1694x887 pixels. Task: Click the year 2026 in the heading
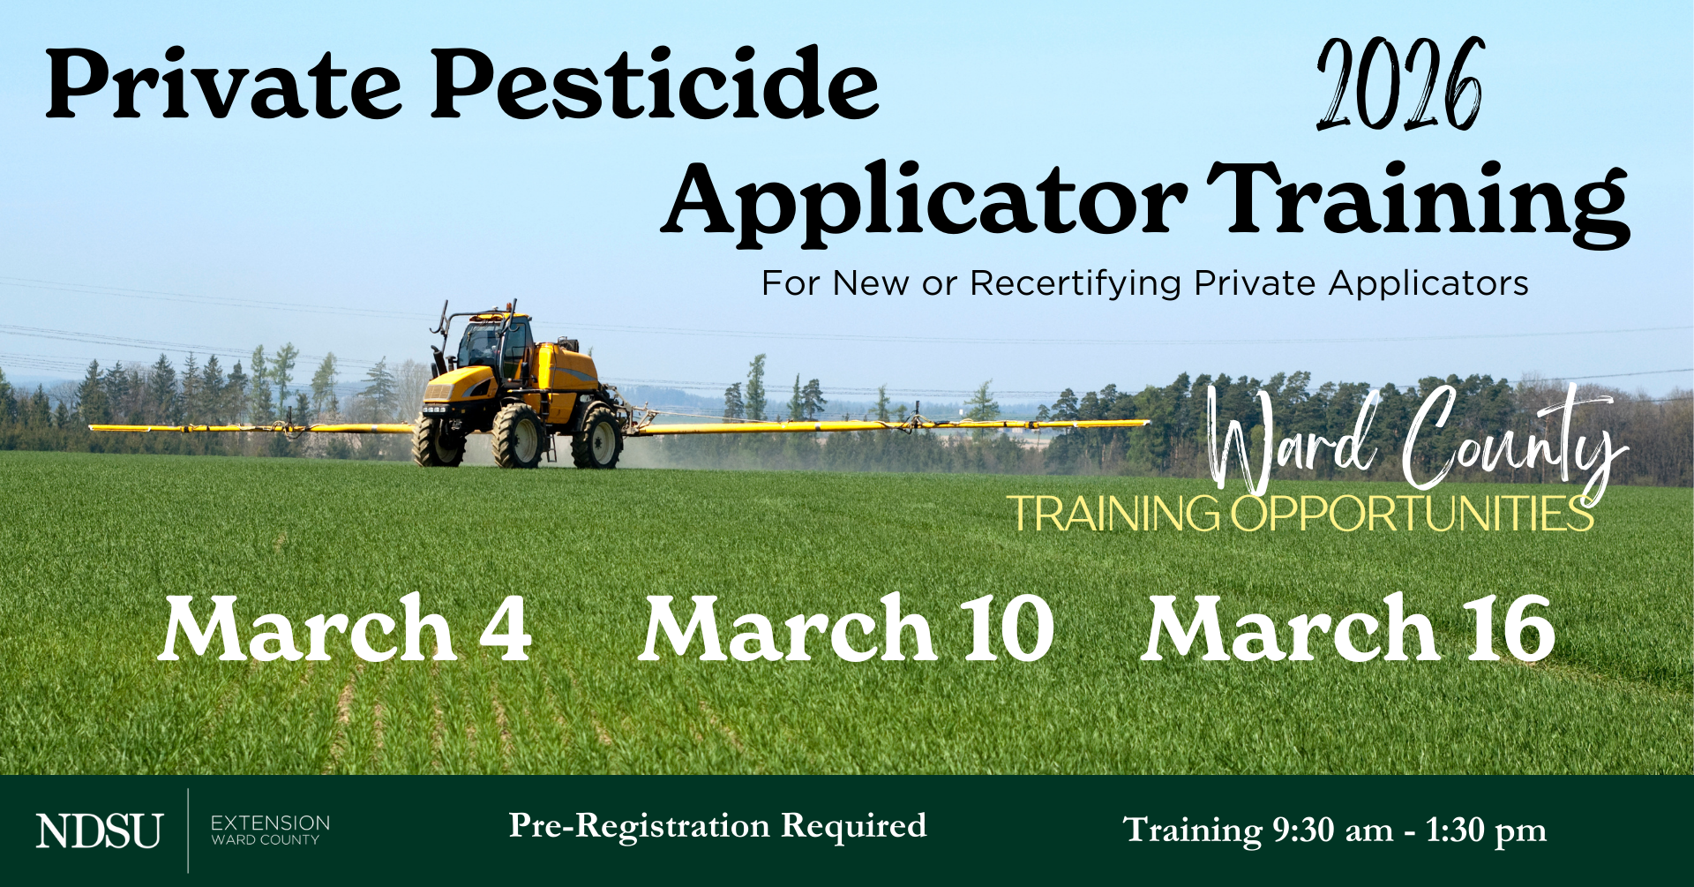(x=1400, y=85)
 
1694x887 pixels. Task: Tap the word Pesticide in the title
(x=655, y=83)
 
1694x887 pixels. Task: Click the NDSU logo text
(x=99, y=831)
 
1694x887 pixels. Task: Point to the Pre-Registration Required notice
(x=717, y=826)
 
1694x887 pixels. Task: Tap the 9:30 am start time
(x=1332, y=830)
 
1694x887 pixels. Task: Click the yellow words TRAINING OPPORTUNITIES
(x=1300, y=514)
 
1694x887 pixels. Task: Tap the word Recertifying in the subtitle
(x=1076, y=284)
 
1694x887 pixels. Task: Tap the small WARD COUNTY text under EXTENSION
(x=266, y=840)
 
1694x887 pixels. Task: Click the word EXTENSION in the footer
(x=270, y=823)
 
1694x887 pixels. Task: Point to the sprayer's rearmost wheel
(x=597, y=437)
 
